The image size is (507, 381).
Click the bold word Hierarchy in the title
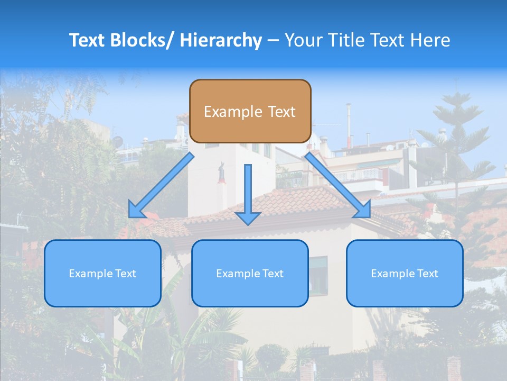pyautogui.click(x=221, y=40)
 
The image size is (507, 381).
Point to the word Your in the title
pyautogui.click(x=303, y=40)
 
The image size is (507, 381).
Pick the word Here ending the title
pyautogui.click(x=430, y=40)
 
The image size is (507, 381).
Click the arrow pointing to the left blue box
pyautogui.click(x=161, y=186)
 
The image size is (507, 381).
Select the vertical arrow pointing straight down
pyautogui.click(x=248, y=190)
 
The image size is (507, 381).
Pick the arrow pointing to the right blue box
pyautogui.click(x=338, y=185)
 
